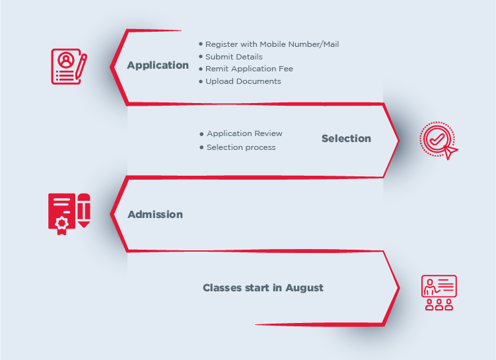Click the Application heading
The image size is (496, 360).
(x=158, y=65)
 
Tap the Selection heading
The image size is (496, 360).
(x=346, y=139)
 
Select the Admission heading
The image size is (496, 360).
(x=155, y=215)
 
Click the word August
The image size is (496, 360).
(x=304, y=288)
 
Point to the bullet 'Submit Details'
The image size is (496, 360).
(x=234, y=57)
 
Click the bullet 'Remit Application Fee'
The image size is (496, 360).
(x=249, y=69)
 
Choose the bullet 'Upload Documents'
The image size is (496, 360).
(x=243, y=81)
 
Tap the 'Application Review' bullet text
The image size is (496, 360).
(x=244, y=133)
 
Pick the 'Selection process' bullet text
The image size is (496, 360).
(x=241, y=147)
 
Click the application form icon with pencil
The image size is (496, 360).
(x=69, y=66)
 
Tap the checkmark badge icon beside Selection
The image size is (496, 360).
(x=437, y=141)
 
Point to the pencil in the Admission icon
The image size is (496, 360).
(x=84, y=211)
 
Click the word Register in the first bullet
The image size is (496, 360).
(x=221, y=44)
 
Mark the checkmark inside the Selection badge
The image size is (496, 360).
(x=436, y=139)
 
